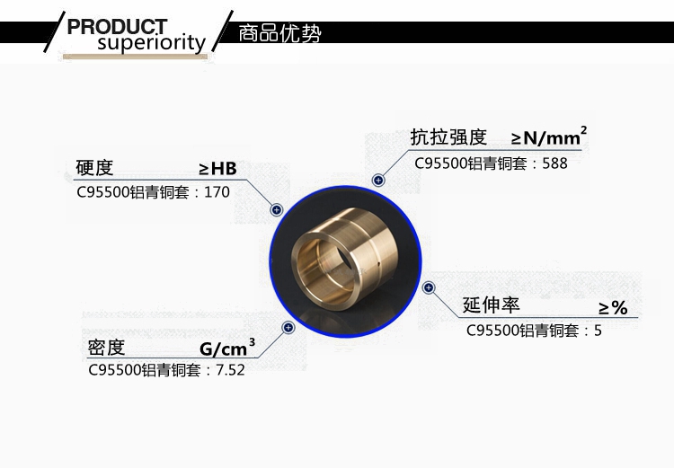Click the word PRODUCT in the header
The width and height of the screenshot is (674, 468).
coord(117,27)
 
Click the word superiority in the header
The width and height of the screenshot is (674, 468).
coord(151,43)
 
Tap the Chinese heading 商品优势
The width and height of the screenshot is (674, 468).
coord(279,33)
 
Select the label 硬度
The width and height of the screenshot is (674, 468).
coord(94,168)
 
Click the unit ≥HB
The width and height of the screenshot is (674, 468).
coord(218,169)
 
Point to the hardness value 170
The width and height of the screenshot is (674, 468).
coord(217,192)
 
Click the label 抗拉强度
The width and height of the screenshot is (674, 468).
coord(448,137)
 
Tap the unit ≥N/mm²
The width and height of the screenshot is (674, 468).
coord(549,137)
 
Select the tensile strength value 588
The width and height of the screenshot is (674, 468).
coord(554,163)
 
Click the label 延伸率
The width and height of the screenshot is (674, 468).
coord(491,305)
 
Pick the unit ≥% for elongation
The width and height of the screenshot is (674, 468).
coord(613,308)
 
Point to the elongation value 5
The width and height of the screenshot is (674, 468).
coord(598,331)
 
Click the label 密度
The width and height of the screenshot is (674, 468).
coord(106,348)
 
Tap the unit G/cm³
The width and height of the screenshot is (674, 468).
coord(227,348)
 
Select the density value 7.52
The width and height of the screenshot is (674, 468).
coord(230,370)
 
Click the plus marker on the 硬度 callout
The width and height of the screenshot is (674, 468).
coord(277,209)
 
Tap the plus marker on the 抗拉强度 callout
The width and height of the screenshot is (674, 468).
coord(378,180)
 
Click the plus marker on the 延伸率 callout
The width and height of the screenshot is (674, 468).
coord(429,287)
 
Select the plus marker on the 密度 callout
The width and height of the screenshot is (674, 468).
coord(288,328)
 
